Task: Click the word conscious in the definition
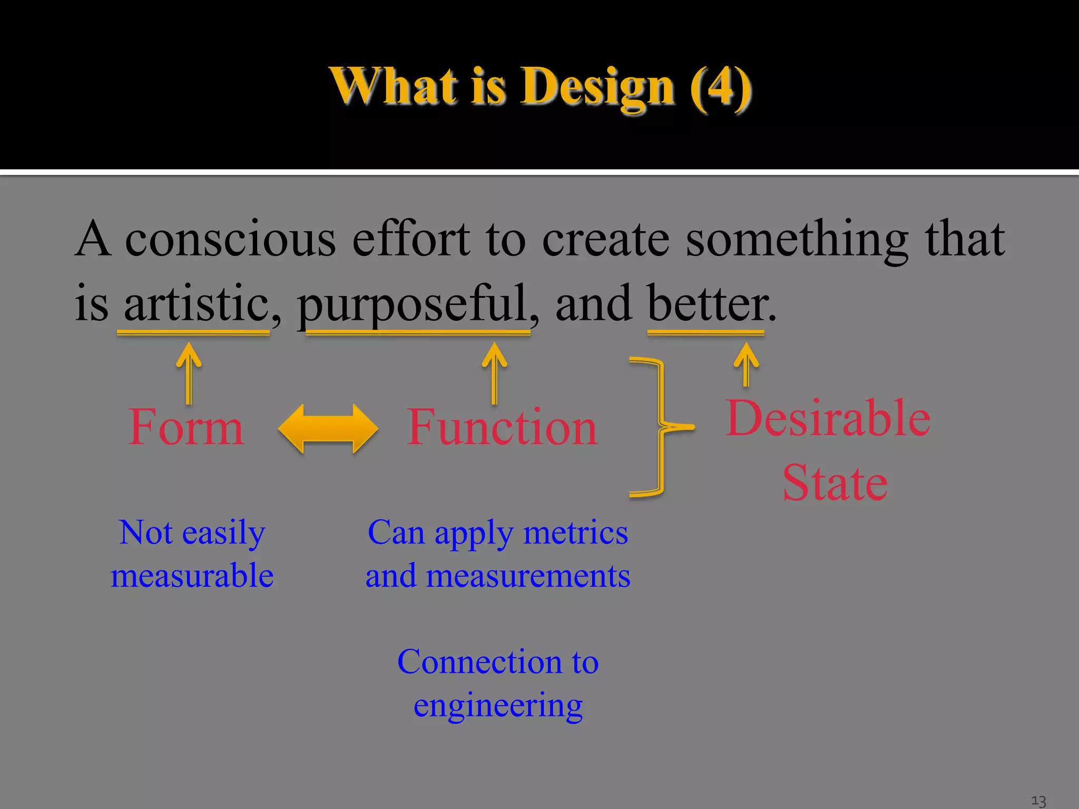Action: [x=230, y=240]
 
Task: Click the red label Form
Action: [x=186, y=428]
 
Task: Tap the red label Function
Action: [x=502, y=428]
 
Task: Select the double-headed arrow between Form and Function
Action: [x=328, y=428]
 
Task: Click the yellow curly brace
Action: [x=653, y=428]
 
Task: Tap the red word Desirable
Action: [x=828, y=418]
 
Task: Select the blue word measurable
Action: [x=192, y=576]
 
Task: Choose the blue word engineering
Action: [x=498, y=706]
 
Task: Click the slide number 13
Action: [x=1038, y=801]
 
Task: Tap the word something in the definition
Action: [x=797, y=240]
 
